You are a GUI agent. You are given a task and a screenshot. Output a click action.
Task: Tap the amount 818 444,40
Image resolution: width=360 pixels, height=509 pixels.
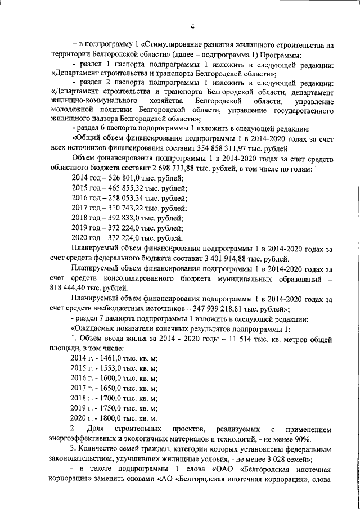[x=76, y=287]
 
